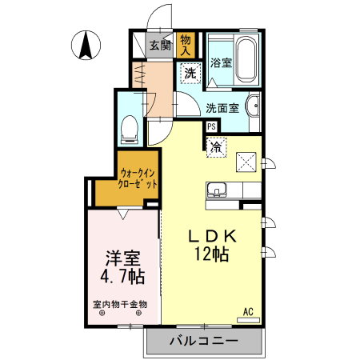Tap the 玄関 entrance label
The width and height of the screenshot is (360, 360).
[159, 46]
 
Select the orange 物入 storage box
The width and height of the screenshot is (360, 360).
[186, 44]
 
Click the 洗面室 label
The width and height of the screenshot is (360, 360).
[222, 108]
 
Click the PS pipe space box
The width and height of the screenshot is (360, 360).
[211, 126]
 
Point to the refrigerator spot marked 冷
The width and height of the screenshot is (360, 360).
[216, 146]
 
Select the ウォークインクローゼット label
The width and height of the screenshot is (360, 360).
[138, 178]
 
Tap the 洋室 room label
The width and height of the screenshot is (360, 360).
[122, 260]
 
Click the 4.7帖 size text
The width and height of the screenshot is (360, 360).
[122, 278]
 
